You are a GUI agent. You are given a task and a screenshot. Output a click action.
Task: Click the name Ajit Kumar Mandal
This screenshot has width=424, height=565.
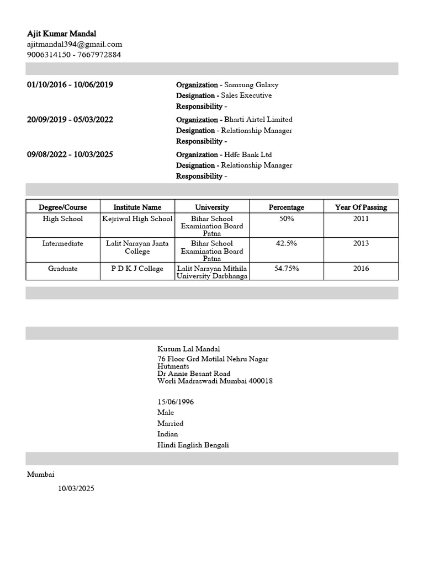click(61, 34)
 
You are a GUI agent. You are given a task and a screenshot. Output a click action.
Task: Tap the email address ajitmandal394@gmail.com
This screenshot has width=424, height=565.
click(75, 44)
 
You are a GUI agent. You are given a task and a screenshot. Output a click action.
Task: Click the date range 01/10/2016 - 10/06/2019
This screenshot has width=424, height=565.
click(70, 85)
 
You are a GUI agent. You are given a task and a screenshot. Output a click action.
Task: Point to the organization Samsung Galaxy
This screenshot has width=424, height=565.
click(251, 85)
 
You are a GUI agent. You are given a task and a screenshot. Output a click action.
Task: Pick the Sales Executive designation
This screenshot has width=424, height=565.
click(246, 95)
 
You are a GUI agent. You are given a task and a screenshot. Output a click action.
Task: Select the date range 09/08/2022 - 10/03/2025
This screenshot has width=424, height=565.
click(70, 154)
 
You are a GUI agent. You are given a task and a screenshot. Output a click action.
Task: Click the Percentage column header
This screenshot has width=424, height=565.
click(286, 207)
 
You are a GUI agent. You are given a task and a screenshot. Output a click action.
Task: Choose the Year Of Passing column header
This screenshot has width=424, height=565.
click(361, 207)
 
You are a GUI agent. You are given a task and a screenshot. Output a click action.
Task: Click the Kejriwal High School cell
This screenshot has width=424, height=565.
click(137, 219)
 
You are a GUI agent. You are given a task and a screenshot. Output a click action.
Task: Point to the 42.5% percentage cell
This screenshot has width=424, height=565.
click(286, 243)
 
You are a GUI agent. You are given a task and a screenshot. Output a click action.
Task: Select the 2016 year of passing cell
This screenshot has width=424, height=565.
click(361, 269)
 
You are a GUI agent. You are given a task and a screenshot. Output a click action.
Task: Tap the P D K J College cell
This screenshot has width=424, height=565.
click(137, 269)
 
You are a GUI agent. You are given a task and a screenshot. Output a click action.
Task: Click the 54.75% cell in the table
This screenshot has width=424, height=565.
click(286, 269)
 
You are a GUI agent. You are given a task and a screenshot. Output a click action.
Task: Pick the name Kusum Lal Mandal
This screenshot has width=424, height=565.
click(189, 349)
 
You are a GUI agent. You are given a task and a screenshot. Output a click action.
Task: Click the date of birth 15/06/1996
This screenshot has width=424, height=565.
click(176, 402)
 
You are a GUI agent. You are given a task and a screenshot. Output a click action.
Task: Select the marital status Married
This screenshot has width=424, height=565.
click(171, 423)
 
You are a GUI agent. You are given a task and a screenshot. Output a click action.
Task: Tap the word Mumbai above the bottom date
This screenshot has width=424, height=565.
click(41, 475)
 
